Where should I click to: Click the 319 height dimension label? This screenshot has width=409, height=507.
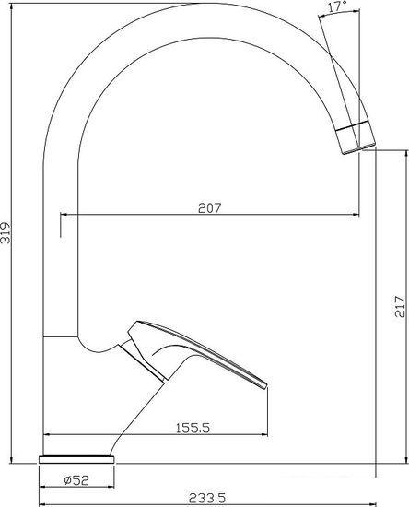(x=6, y=232)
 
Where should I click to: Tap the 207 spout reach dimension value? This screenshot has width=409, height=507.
(x=210, y=208)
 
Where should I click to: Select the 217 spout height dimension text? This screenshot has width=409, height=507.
(x=400, y=306)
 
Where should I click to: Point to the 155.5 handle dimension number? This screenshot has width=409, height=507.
(x=193, y=428)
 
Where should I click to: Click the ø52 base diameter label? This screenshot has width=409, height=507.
(x=76, y=480)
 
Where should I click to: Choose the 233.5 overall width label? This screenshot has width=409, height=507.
(x=207, y=498)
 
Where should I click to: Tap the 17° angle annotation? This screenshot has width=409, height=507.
(x=337, y=6)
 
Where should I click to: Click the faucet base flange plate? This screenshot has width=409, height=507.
(x=76, y=459)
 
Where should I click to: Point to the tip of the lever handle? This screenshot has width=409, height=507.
(x=266, y=385)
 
